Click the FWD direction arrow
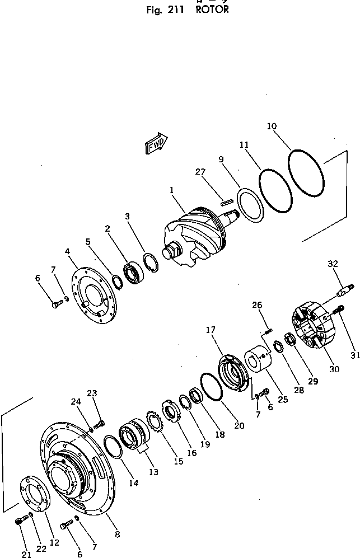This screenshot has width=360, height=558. click(x=157, y=143)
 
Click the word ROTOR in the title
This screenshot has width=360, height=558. click(x=212, y=10)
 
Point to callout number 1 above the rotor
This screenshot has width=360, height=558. click(x=172, y=191)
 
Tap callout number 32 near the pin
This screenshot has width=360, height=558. click(x=333, y=263)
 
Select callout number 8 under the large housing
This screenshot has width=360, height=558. click(x=116, y=534)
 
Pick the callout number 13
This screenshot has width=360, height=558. click(x=153, y=472)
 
